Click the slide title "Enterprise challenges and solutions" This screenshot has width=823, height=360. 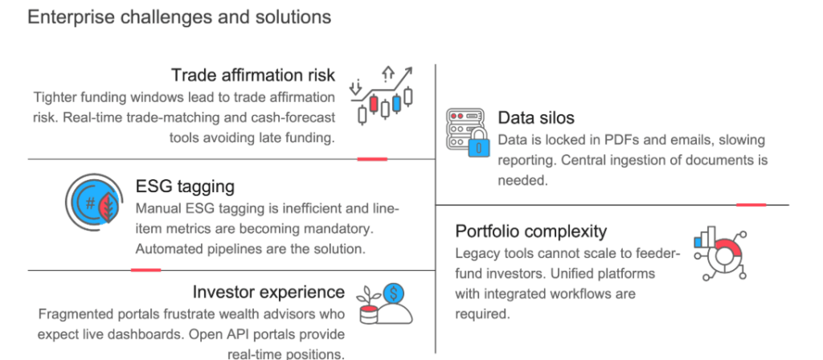click(179, 17)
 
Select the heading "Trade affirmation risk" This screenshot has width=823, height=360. click(253, 75)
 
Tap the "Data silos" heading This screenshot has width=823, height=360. click(536, 117)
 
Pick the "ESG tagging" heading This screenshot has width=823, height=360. click(185, 186)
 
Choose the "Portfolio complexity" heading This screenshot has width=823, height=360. click(530, 231)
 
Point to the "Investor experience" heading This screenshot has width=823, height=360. click(268, 292)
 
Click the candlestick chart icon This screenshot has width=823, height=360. click(382, 96)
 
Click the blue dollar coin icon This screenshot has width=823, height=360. click(394, 293)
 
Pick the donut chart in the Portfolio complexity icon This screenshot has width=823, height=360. click(724, 256)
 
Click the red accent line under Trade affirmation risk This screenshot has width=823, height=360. click(372, 158)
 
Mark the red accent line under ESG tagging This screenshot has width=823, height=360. click(146, 270)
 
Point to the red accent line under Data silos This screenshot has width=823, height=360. click(751, 205)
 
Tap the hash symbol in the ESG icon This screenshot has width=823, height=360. click(91, 203)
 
